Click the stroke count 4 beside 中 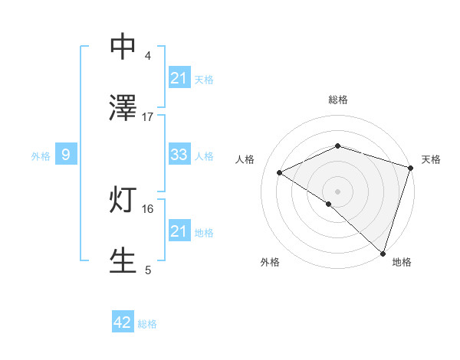pyautogui.click(x=148, y=56)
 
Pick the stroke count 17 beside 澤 pyautogui.click(x=148, y=117)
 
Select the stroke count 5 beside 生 pyautogui.click(x=148, y=270)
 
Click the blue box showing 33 pyautogui.click(x=179, y=155)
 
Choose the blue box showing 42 pyautogui.click(x=123, y=322)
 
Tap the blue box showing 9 pyautogui.click(x=66, y=155)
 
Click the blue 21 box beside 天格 pyautogui.click(x=179, y=78)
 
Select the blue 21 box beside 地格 pyautogui.click(x=179, y=231)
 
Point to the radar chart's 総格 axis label pyautogui.click(x=338, y=100)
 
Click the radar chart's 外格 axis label pyautogui.click(x=270, y=262)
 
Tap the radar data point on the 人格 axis pyautogui.click(x=280, y=172)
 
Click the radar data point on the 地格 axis pyautogui.click(x=383, y=253)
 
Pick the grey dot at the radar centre pyautogui.click(x=338, y=191)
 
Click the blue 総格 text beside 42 pyautogui.click(x=147, y=324)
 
